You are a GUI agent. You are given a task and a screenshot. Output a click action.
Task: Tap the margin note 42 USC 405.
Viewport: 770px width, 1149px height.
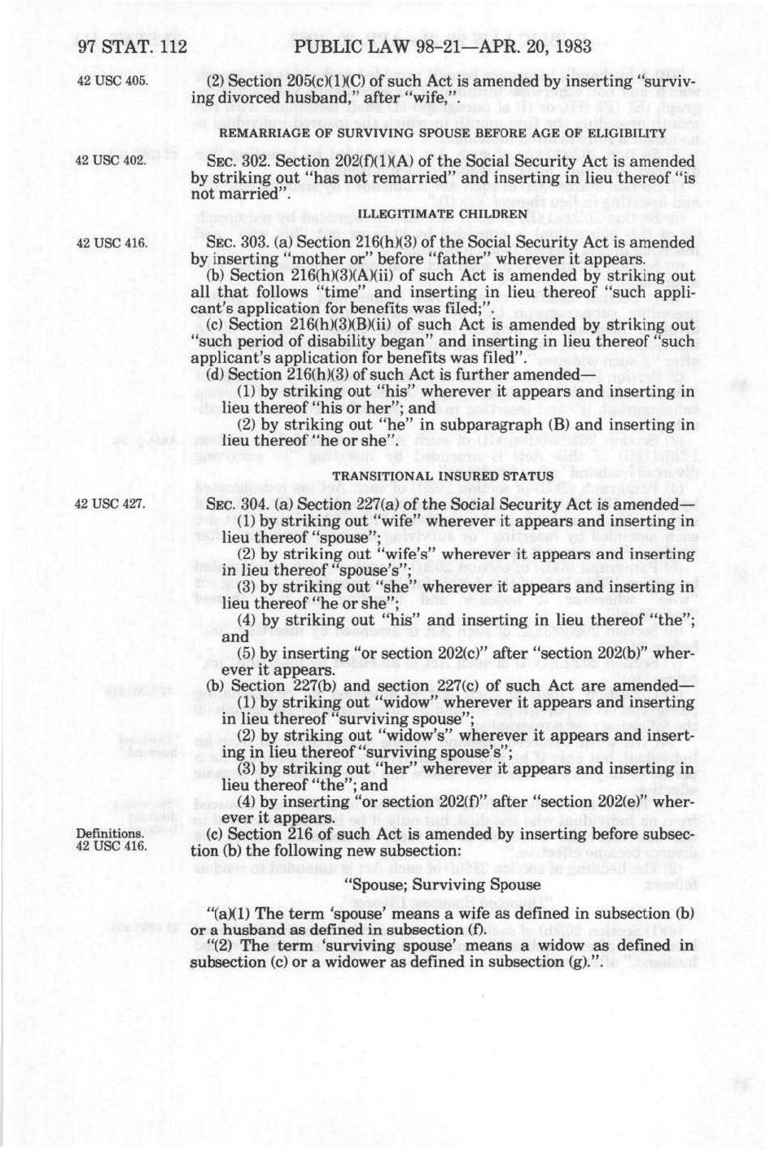pyautogui.click(x=112, y=81)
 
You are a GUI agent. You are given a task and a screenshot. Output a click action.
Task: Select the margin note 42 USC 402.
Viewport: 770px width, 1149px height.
pyautogui.click(x=112, y=160)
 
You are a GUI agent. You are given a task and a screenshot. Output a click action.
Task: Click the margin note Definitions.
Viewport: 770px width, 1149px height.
pyautogui.click(x=110, y=834)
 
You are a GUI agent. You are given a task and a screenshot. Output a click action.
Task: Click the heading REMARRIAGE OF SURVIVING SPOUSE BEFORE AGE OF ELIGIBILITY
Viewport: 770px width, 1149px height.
pyautogui.click(x=443, y=133)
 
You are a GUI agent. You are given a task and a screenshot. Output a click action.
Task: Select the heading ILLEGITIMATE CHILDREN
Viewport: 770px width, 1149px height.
pyautogui.click(x=443, y=214)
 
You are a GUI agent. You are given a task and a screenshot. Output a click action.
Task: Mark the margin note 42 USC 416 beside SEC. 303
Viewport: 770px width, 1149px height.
pyautogui.click(x=112, y=242)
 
